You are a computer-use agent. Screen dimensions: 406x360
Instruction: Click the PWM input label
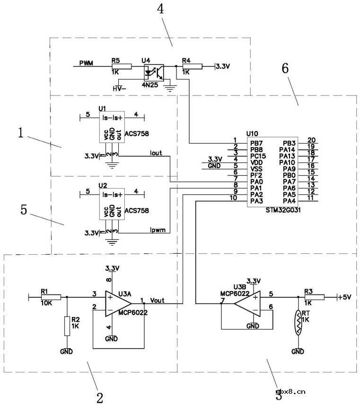(x=86, y=63)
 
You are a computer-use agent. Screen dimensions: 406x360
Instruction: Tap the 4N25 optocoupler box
(x=153, y=72)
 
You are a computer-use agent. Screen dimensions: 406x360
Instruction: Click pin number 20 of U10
(x=311, y=140)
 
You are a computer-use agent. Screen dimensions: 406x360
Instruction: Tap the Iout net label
(x=156, y=153)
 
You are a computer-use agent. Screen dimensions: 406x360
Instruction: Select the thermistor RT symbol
(x=298, y=322)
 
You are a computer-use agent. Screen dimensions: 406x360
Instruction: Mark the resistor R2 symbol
(x=67, y=326)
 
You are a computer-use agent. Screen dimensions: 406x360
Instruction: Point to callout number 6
(x=285, y=68)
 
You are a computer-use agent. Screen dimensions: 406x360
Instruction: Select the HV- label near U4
(x=118, y=88)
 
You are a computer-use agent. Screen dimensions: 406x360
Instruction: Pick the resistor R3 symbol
(x=317, y=297)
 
